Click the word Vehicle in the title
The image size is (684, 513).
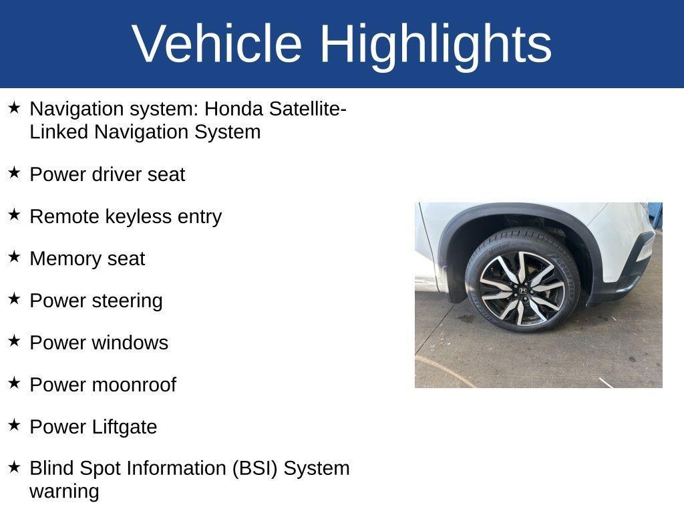click(x=217, y=43)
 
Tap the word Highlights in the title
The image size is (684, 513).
click(x=436, y=43)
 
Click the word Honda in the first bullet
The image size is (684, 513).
click(x=231, y=109)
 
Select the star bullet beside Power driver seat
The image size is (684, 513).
click(x=14, y=173)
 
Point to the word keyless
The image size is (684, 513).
click(x=139, y=216)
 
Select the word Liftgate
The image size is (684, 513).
click(x=124, y=427)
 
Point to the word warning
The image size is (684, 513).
click(x=64, y=492)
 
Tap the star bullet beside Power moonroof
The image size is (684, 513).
click(x=14, y=383)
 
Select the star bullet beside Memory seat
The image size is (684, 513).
click(x=14, y=257)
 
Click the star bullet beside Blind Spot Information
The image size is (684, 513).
click(x=14, y=467)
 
